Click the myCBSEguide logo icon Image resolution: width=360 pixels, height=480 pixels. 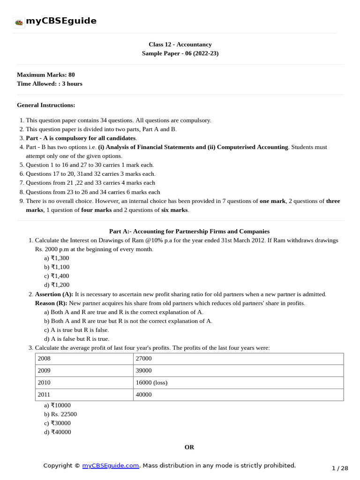pos(19,22)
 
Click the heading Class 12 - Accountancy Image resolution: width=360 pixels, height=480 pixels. pos(180,45)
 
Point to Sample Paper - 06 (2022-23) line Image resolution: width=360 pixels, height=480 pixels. pos(180,53)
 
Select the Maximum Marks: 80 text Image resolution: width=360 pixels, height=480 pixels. pos(45,75)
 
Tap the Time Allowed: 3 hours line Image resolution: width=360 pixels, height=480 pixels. pos(49,83)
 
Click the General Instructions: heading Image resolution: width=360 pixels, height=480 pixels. pos(46,105)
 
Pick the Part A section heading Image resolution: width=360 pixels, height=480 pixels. pos(189,231)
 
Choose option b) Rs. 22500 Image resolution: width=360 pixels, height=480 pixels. pos(60,414)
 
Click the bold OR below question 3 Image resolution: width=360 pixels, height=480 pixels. pos(189,447)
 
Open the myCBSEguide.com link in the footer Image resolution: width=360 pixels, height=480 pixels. pos(111,465)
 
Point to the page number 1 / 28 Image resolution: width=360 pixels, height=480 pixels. pos(340,468)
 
